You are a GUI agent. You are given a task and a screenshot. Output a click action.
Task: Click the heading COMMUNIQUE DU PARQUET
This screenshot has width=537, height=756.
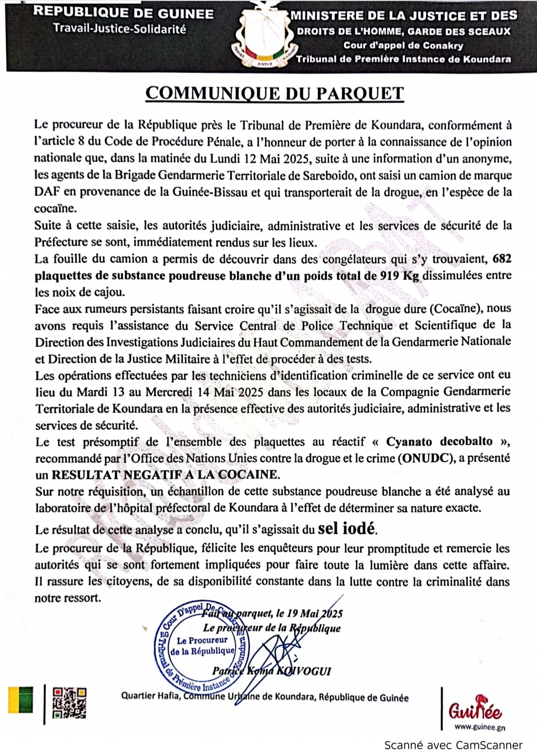click(274, 93)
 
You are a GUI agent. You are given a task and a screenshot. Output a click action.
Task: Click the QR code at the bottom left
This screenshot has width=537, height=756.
click(70, 702)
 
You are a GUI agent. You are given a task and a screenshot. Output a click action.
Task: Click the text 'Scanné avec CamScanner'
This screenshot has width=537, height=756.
click(453, 745)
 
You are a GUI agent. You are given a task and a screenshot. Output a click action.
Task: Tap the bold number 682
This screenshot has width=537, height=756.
click(501, 258)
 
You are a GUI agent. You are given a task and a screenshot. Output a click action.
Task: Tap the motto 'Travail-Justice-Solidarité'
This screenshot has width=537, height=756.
click(120, 29)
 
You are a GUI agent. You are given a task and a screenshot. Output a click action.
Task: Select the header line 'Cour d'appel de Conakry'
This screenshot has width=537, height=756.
click(403, 45)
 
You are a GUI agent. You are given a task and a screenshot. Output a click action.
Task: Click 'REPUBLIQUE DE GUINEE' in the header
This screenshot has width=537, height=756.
click(123, 13)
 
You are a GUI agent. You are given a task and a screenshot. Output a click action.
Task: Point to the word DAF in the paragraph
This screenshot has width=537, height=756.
click(46, 192)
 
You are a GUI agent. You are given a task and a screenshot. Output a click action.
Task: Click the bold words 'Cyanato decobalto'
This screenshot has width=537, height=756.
click(439, 441)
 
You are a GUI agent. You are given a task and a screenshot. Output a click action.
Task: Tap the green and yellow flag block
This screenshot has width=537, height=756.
click(20, 700)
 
